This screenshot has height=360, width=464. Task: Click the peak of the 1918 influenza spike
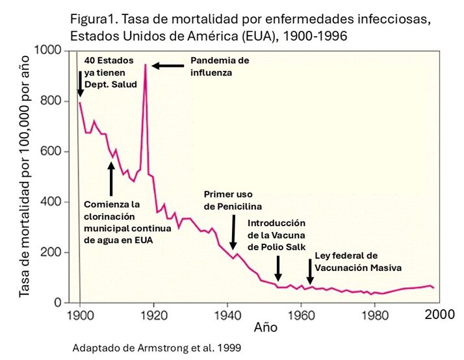point(145,64)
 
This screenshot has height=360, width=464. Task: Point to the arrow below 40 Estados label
point(80,84)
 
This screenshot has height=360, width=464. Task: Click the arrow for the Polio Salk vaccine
point(278,268)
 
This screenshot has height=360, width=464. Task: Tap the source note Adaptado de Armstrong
point(157,348)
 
